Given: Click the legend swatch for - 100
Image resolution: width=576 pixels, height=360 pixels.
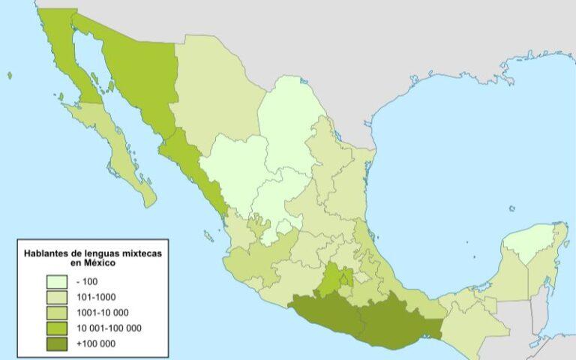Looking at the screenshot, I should (x=58, y=281).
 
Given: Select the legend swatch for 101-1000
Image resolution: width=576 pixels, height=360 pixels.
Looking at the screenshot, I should (x=58, y=297).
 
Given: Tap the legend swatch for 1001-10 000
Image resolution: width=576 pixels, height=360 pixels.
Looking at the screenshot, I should (x=58, y=313).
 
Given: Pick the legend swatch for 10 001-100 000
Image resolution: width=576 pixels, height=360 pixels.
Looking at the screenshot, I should (x=58, y=328).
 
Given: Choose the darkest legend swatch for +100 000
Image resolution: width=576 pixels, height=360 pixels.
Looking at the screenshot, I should (x=58, y=344).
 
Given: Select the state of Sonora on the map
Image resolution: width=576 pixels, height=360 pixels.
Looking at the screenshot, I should (x=139, y=75).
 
